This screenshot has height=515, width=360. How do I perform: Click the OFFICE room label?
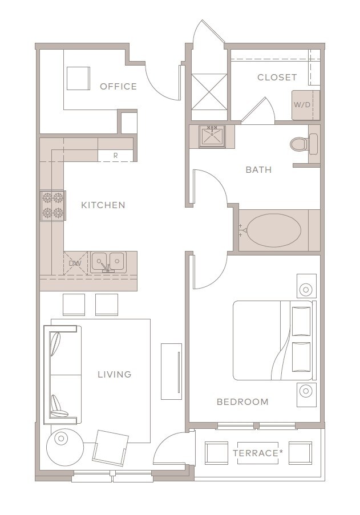pos(118,86)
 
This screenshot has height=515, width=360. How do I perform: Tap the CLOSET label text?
pos(277,77)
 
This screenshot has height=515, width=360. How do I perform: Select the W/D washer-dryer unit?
pos(305,105)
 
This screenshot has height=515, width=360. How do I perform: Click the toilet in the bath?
pos(304,144)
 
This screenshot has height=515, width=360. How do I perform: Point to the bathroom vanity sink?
pos(212,136)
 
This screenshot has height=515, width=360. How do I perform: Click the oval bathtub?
pos(274,230)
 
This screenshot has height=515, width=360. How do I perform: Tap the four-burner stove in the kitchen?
pos(53,206)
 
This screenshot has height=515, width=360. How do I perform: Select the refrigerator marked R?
pos(115,155)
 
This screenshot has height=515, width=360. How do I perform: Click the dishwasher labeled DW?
pos(75,263)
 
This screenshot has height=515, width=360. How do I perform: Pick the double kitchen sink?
pos(108,262)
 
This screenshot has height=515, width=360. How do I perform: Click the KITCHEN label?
pos(103,205)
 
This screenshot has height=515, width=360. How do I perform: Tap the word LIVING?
pos(115,374)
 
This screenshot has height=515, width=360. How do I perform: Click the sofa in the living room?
pos(62,375)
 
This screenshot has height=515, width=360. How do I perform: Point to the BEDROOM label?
pos(242,402)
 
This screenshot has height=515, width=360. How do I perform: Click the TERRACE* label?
pos(258,453)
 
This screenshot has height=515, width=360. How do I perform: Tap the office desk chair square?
pos(79,78)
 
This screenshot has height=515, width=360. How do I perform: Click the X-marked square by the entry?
pos(209,91)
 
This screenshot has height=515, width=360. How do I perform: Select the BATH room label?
pos(259,170)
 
